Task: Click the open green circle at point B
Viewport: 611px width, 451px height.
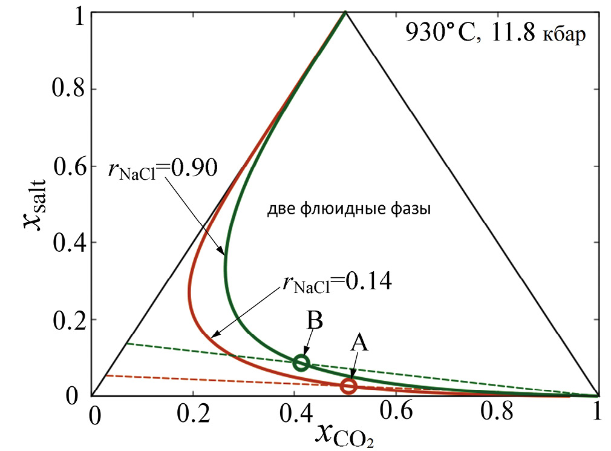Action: [301, 363]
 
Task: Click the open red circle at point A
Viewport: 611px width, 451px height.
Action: [348, 386]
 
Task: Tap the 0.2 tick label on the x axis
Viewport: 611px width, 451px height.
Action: [194, 415]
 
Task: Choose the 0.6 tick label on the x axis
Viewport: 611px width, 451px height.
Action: [397, 415]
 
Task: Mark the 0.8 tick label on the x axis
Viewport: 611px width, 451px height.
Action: [497, 415]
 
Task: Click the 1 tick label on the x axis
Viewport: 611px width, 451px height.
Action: [598, 415]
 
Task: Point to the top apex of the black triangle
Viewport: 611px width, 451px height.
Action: [345, 12]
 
